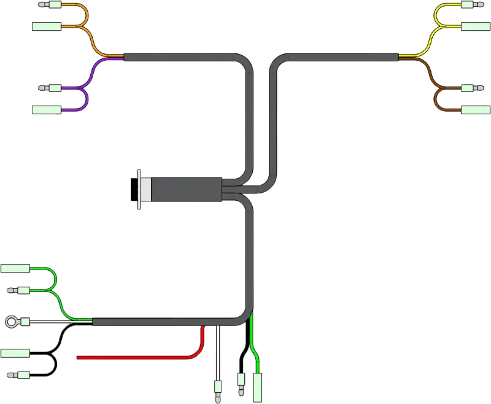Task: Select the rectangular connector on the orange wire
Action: (45, 26)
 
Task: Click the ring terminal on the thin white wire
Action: (12, 321)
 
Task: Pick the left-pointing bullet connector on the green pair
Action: (18, 290)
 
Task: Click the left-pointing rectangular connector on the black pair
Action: (16, 352)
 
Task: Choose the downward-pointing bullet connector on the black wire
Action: (241, 384)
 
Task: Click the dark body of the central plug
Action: (184, 190)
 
